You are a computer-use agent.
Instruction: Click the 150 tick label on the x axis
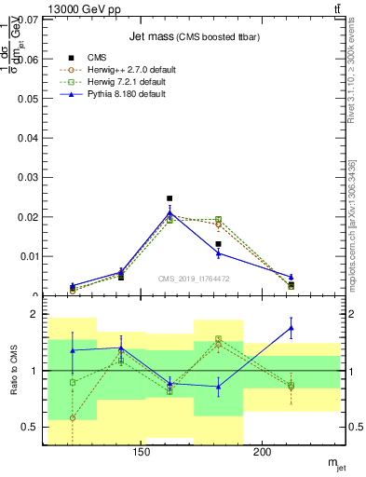pos(142,453)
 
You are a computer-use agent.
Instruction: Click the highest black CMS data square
pos(169,198)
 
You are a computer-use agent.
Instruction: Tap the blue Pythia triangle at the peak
pos(169,213)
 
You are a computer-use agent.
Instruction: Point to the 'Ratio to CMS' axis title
pos(14,371)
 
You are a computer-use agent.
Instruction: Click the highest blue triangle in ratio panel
pos(291,328)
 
